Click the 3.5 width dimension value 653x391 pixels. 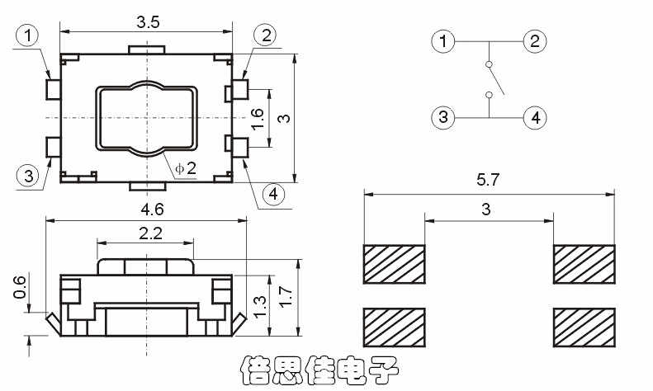(149, 22)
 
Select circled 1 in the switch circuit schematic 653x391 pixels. (443, 41)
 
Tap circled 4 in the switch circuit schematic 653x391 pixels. (535, 118)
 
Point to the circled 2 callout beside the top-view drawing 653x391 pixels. (267, 35)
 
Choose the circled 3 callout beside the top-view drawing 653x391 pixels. (28, 176)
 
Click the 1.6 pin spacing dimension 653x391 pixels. (258, 119)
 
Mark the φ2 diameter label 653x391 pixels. (186, 168)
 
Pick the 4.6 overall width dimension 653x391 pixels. (153, 210)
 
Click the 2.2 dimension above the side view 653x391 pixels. (151, 233)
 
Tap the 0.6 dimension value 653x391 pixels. (19, 287)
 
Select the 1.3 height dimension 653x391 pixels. (259, 306)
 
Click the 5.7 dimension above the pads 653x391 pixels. (488, 180)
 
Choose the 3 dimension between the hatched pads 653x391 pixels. (486, 210)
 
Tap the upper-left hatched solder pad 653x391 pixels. (395, 264)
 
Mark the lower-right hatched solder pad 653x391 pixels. (584, 327)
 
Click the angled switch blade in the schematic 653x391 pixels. (496, 80)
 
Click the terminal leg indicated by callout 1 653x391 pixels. (53, 89)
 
